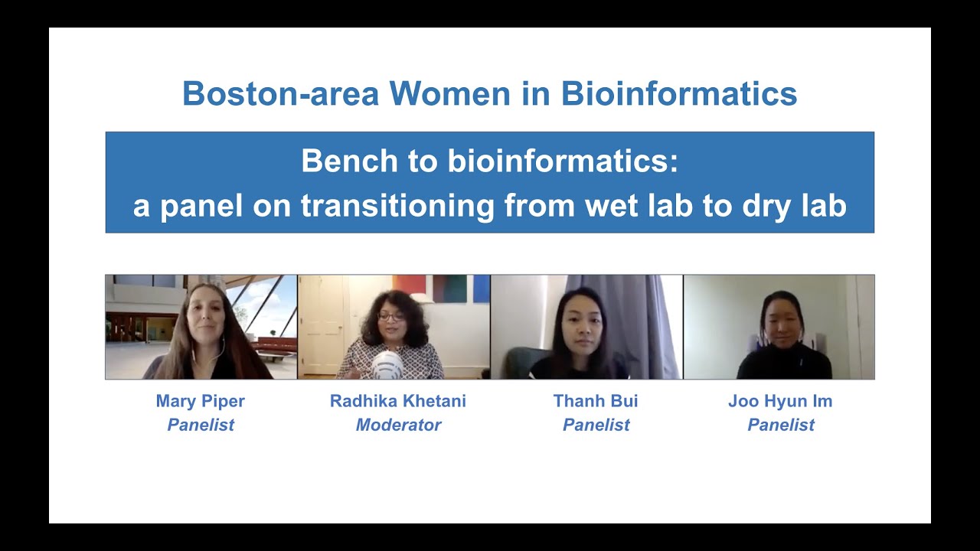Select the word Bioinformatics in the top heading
tap(678, 94)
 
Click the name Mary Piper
tap(201, 401)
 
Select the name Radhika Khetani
tap(398, 401)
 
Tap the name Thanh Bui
tap(596, 401)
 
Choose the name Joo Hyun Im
tap(780, 401)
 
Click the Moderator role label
tap(398, 425)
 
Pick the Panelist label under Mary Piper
tap(201, 425)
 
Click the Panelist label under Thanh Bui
tap(596, 425)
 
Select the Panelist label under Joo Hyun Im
tap(780, 425)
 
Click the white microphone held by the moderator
tap(387, 364)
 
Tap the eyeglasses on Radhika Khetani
tap(390, 316)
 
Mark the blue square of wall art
tap(481, 289)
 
